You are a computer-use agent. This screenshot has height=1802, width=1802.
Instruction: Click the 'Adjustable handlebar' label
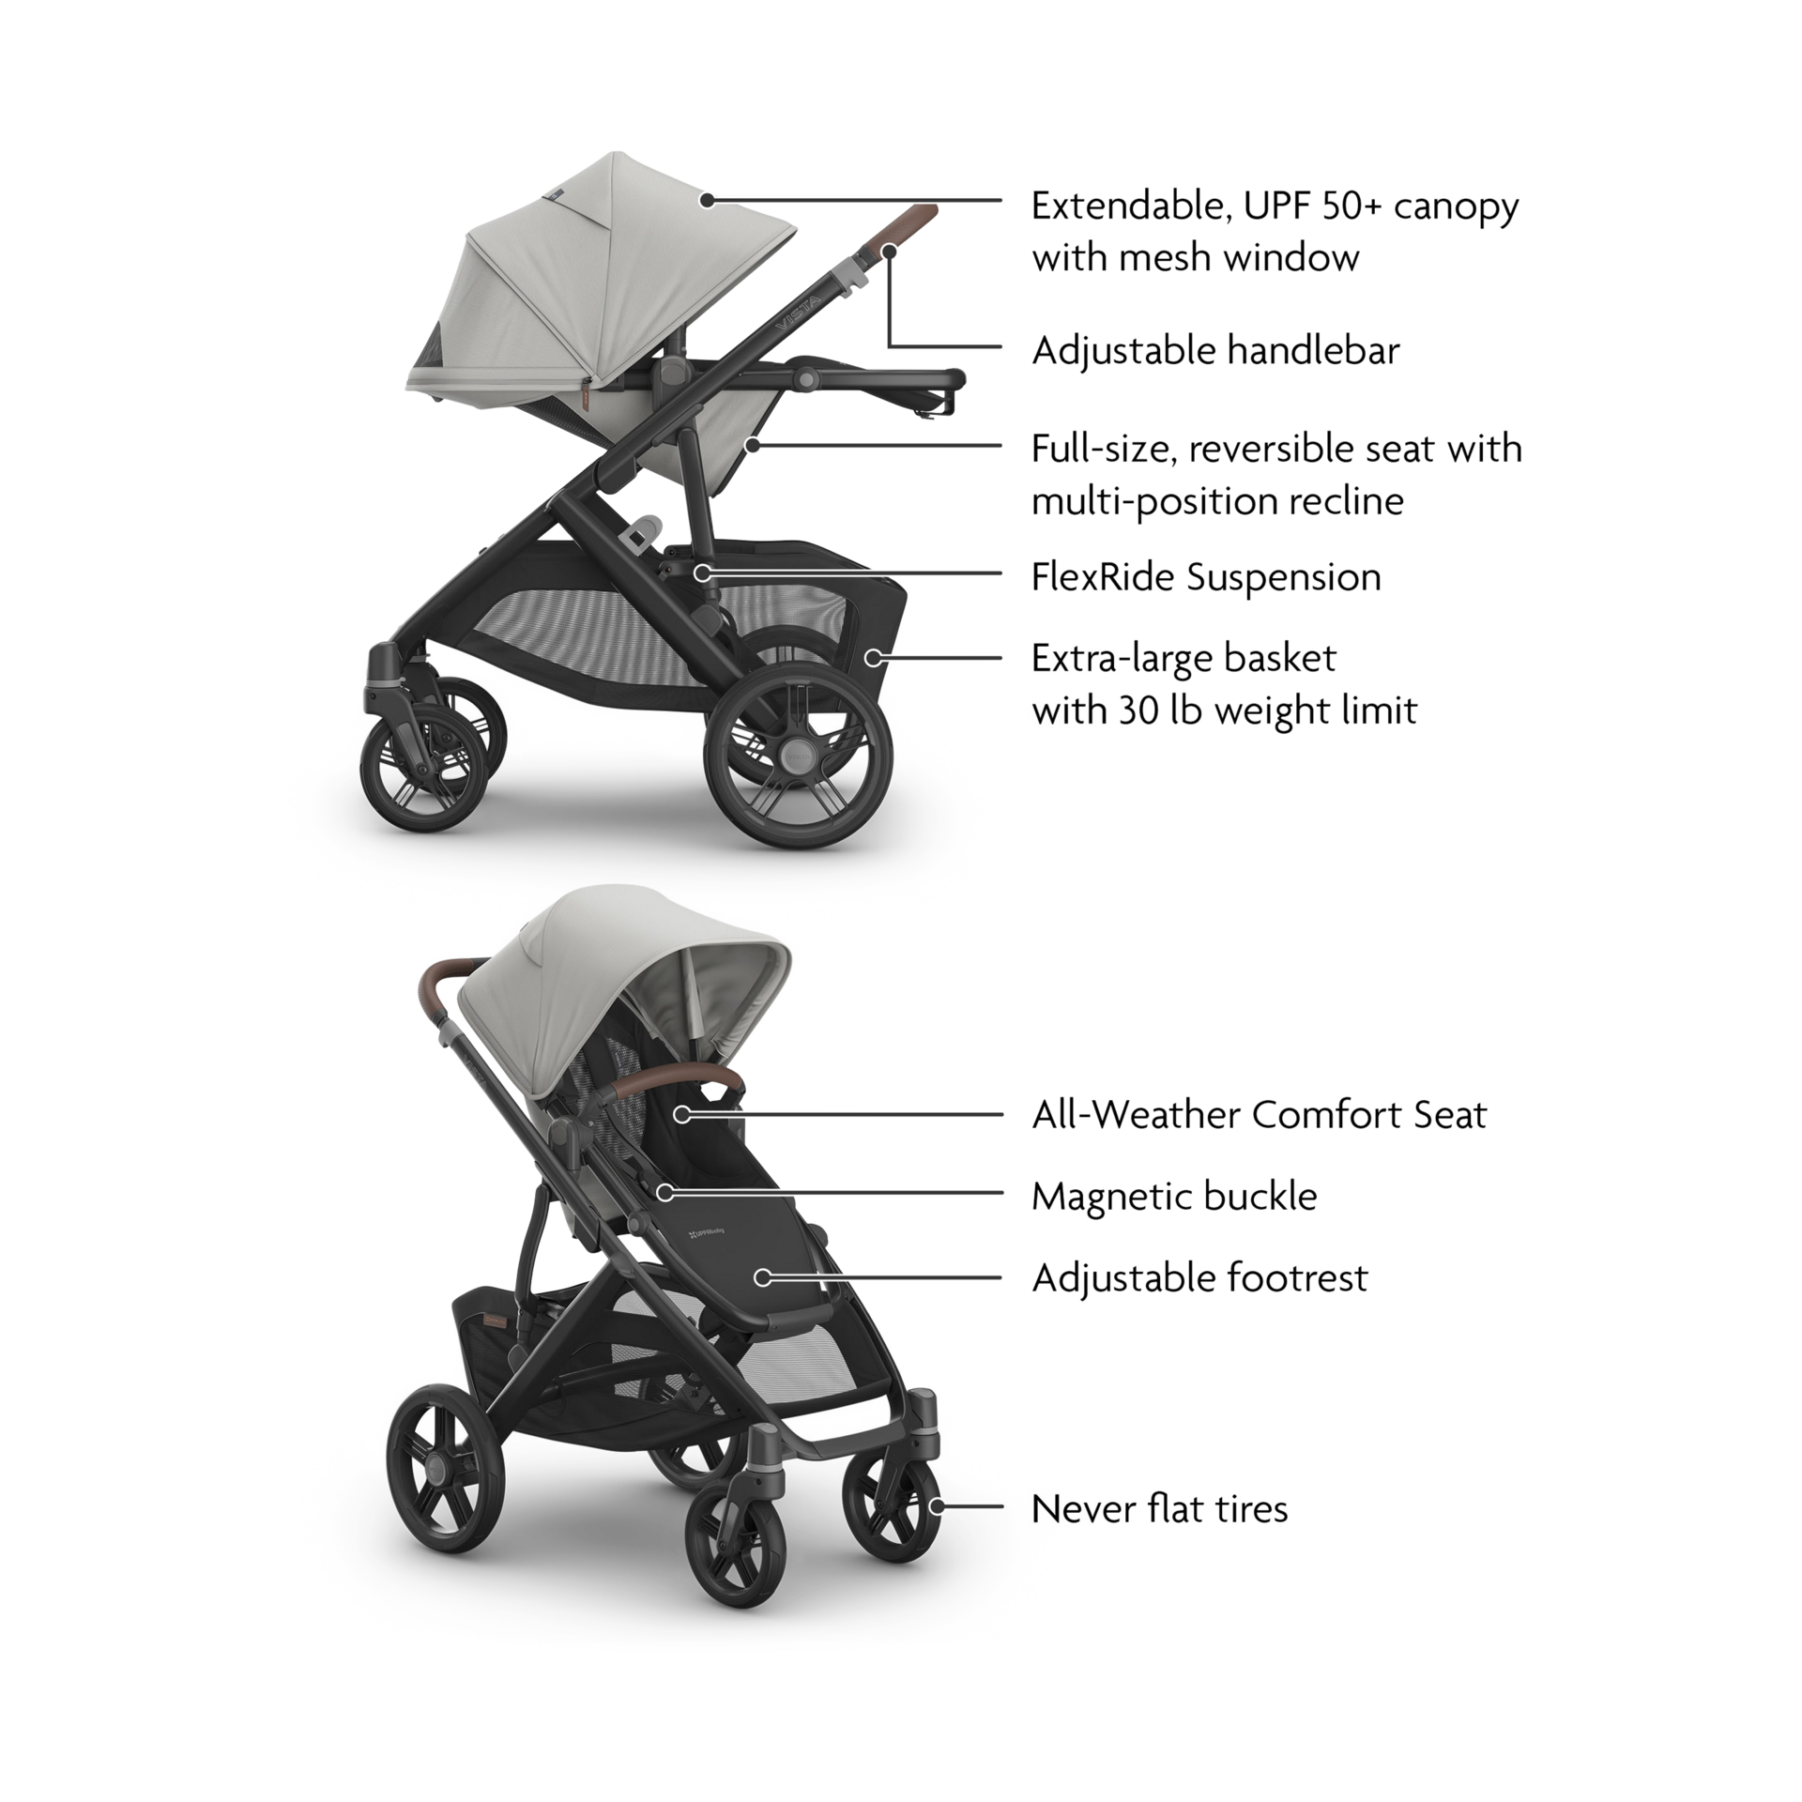coord(1215,351)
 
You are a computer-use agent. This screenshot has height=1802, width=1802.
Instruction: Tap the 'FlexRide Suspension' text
coord(1206,576)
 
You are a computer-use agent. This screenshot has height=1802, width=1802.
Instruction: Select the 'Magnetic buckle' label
coord(1174,1196)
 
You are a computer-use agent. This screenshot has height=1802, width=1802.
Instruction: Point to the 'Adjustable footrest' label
coord(1199,1277)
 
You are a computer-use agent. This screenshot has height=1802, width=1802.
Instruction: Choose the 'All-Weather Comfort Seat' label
coord(1259,1115)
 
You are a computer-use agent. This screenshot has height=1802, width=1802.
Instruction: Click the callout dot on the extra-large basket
coord(872,657)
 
